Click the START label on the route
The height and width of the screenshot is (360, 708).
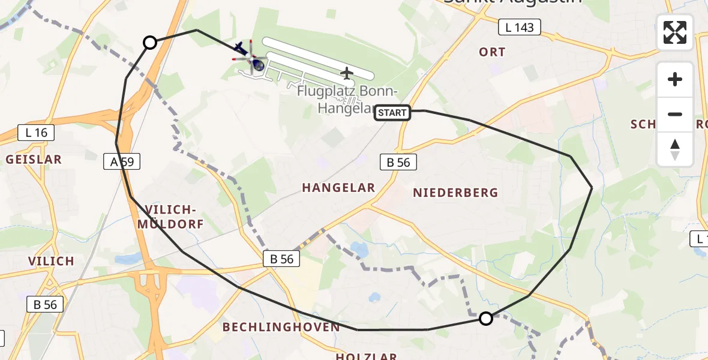(x=392, y=112)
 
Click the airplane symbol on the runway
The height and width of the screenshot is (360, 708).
(x=347, y=73)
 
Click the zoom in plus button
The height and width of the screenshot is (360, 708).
(x=675, y=79)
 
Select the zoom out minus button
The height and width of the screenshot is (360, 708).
(x=675, y=114)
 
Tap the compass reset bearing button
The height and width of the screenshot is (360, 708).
(x=675, y=149)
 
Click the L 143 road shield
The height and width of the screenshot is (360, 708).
(x=520, y=27)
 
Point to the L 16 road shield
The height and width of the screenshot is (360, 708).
(x=37, y=133)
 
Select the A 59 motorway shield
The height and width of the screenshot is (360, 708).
(x=122, y=161)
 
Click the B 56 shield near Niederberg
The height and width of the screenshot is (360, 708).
(x=398, y=161)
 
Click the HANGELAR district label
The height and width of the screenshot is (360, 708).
(x=338, y=188)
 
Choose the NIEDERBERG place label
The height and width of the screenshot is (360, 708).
(x=455, y=193)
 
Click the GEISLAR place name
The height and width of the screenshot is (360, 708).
(x=34, y=160)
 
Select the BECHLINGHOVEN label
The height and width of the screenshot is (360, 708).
(x=281, y=327)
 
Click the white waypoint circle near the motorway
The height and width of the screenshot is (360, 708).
(x=150, y=43)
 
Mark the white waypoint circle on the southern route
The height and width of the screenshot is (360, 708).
(x=486, y=319)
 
